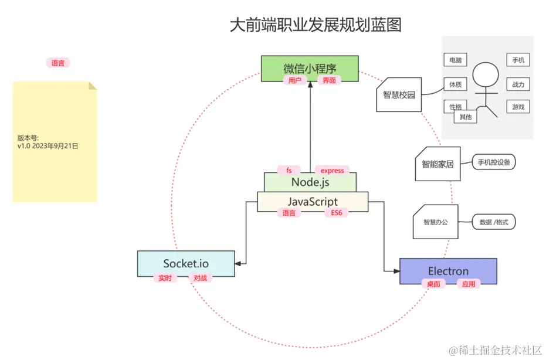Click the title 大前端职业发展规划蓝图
(316, 25)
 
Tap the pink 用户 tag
(294, 80)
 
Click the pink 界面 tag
(329, 80)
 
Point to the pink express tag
(332, 171)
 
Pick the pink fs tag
(289, 171)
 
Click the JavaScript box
(313, 201)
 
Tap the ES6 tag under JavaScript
(336, 213)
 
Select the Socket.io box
(186, 263)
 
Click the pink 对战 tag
(200, 278)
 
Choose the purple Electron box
(448, 271)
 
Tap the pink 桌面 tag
(433, 284)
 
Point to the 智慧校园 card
(399, 95)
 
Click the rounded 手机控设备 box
(494, 162)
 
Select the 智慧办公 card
(435, 222)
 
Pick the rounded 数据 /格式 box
(494, 222)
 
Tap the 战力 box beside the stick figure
(518, 84)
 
